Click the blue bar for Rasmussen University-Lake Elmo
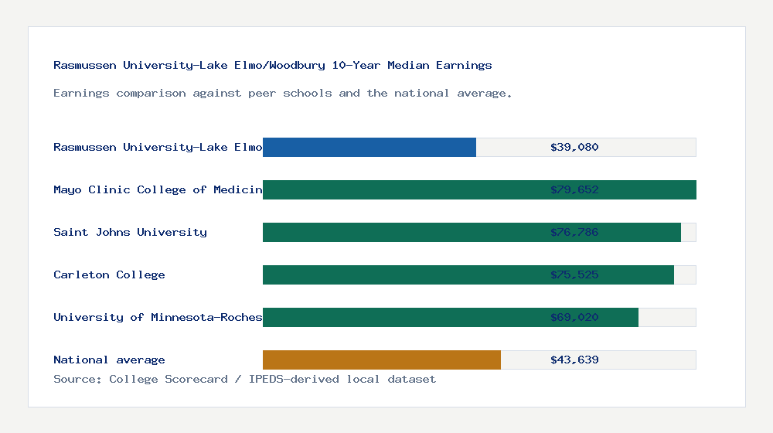[x=369, y=147]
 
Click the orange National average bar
[x=382, y=360]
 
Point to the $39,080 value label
[x=574, y=147]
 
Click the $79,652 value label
[x=574, y=189]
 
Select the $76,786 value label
[x=574, y=232]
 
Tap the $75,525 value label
[x=574, y=274]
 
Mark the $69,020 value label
[x=574, y=317]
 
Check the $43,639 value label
[x=574, y=360]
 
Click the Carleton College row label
[x=109, y=274]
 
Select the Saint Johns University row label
[x=130, y=232]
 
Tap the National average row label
[x=109, y=360]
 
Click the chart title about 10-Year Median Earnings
[x=272, y=65]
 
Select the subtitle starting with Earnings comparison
[x=283, y=93]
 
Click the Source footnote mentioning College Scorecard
[x=244, y=379]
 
